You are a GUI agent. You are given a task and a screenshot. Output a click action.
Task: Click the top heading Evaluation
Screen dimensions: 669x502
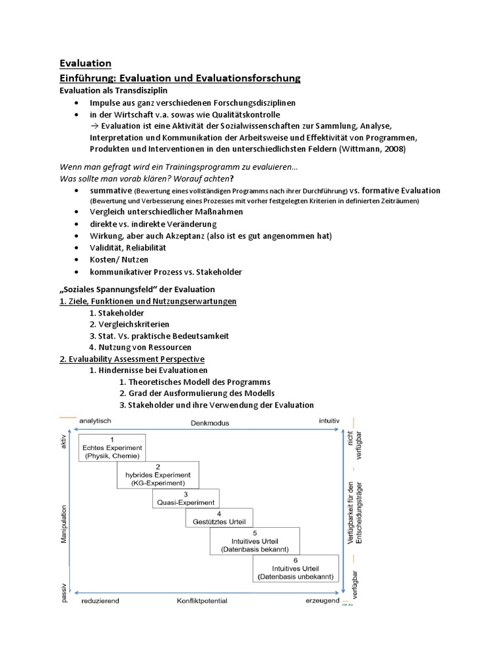pyautogui.click(x=85, y=63)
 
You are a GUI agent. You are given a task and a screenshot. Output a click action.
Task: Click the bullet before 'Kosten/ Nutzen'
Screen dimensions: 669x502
pyautogui.click(x=77, y=260)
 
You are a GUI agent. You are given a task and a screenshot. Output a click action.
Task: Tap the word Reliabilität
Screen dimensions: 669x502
pyautogui.click(x=147, y=248)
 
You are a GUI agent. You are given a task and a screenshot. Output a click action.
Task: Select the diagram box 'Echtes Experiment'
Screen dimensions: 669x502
pyautogui.click(x=112, y=448)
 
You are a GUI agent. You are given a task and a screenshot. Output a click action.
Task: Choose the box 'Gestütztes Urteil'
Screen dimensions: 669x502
pyautogui.click(x=218, y=517)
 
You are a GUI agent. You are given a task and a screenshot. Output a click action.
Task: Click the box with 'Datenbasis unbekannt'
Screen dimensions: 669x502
pyautogui.click(x=295, y=568)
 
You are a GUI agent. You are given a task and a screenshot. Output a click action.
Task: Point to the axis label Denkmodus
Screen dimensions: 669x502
pyautogui.click(x=210, y=423)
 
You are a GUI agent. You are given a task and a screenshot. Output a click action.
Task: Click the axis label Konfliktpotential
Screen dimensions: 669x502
pyautogui.click(x=202, y=600)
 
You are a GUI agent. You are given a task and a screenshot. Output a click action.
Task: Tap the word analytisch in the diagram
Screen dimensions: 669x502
pyautogui.click(x=96, y=421)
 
